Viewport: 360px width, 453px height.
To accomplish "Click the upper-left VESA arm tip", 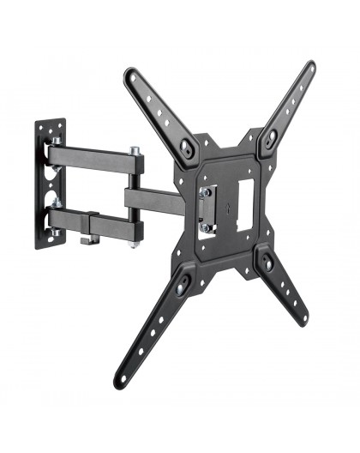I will click(x=132, y=75).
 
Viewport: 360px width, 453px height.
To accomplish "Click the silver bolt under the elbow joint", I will click(x=135, y=245).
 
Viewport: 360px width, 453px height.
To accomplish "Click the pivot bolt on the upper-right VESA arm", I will click(x=271, y=135).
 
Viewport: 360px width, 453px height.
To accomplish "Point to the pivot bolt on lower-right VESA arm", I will click(x=268, y=263).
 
